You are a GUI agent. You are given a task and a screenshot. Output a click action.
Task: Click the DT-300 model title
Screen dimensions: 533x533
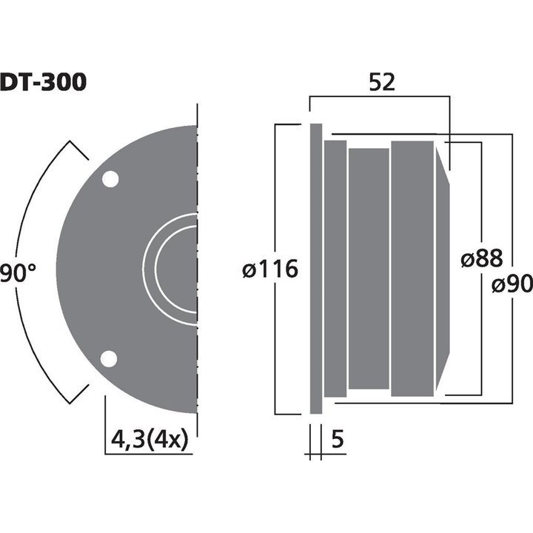(43, 81)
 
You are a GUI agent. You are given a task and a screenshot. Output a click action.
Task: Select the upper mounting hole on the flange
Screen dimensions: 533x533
(110, 180)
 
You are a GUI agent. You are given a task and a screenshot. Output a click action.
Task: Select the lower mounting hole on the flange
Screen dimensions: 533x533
(110, 359)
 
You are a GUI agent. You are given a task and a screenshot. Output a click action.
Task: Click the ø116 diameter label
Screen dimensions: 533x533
(270, 269)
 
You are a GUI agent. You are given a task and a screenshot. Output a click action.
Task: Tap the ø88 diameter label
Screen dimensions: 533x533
(481, 258)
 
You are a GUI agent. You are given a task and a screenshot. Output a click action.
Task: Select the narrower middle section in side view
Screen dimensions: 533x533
(369, 269)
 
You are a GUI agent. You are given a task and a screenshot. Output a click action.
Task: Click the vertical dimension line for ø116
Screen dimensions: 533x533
(275, 185)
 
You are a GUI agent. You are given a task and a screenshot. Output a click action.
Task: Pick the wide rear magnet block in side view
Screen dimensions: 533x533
(412, 269)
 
